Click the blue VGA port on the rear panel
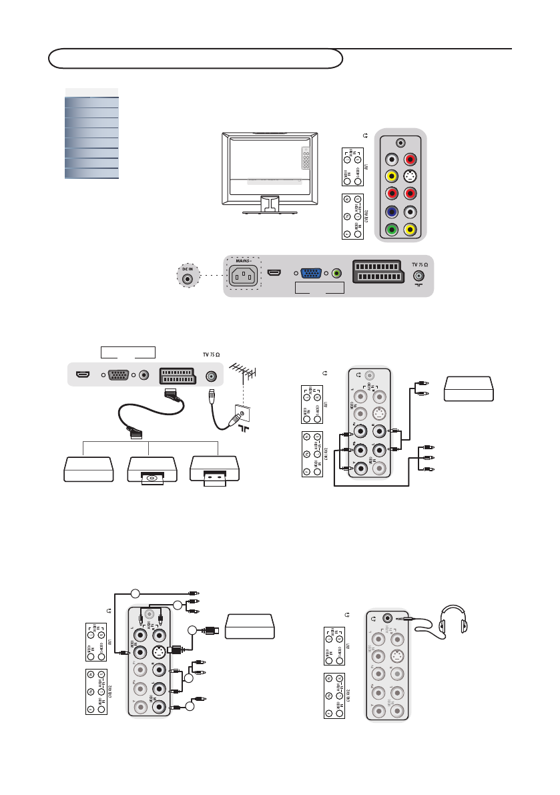click(310, 274)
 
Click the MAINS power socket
click(243, 275)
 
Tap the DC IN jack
click(188, 280)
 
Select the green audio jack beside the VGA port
click(337, 274)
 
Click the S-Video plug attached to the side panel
click(178, 649)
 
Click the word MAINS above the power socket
click(242, 260)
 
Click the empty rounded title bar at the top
click(196, 58)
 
